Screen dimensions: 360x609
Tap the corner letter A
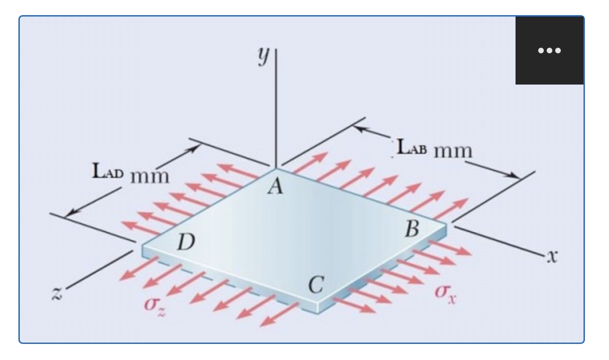(x=274, y=187)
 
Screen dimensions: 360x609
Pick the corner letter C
(x=315, y=285)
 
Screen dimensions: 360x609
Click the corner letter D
(x=185, y=243)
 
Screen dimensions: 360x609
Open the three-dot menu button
(x=549, y=50)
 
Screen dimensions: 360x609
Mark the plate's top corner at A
(x=277, y=168)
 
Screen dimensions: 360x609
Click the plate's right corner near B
(x=446, y=222)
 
